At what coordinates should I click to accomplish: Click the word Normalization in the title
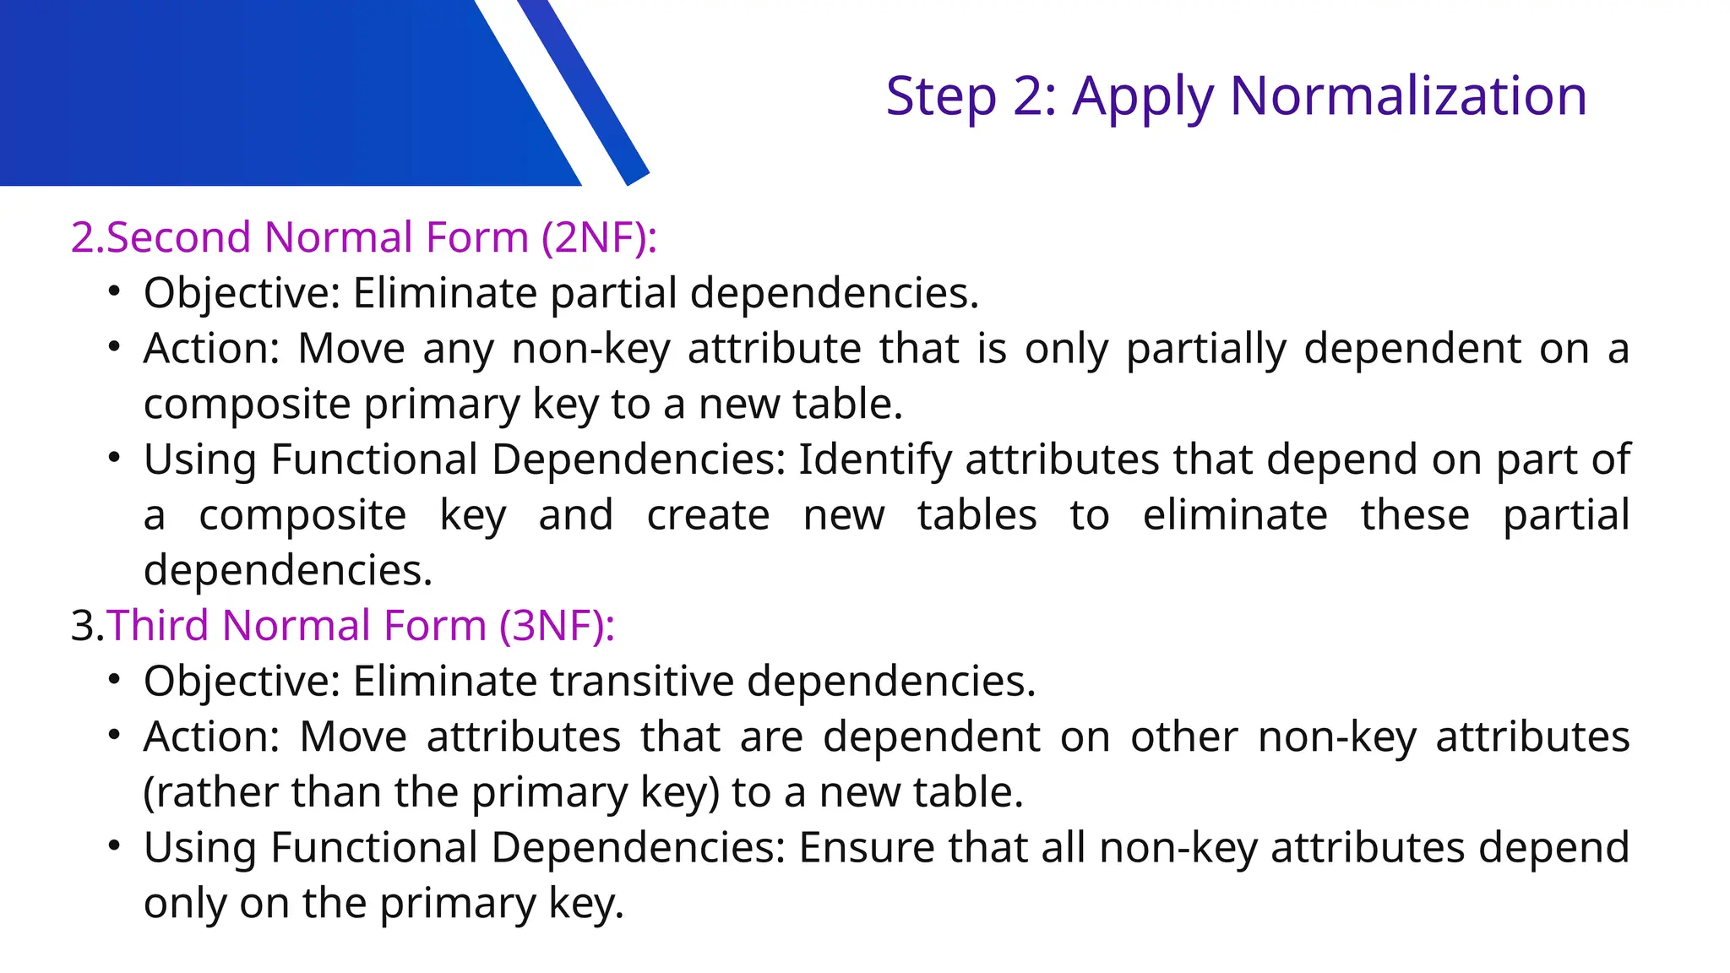[1408, 95]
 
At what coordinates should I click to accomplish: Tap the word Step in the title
[941, 97]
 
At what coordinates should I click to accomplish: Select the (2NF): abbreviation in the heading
[599, 237]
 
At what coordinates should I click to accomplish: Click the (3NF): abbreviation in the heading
[557, 626]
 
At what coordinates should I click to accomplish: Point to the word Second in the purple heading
[178, 237]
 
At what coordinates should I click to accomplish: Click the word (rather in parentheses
[211, 792]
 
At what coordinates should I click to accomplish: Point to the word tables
[977, 515]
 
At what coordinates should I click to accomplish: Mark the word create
[708, 515]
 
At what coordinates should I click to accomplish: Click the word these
[1415, 515]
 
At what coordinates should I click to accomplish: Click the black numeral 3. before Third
[87, 626]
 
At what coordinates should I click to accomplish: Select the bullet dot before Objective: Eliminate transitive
[115, 680]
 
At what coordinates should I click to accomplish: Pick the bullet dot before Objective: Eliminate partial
[115, 292]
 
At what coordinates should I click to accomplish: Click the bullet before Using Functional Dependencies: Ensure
[115, 846]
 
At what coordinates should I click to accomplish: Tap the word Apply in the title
[1143, 97]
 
